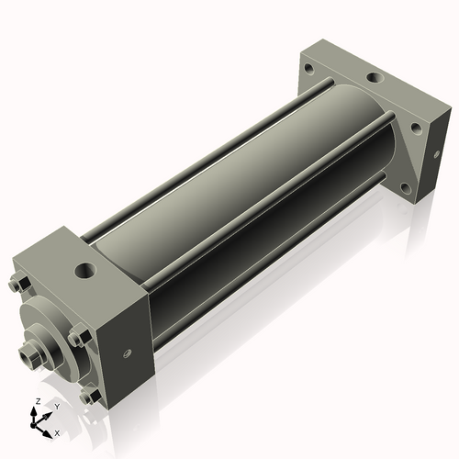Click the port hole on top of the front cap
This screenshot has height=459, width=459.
(x=85, y=271)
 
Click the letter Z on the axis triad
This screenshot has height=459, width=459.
(x=37, y=402)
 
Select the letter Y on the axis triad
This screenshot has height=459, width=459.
(x=56, y=406)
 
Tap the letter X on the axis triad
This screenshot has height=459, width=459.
(x=57, y=431)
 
